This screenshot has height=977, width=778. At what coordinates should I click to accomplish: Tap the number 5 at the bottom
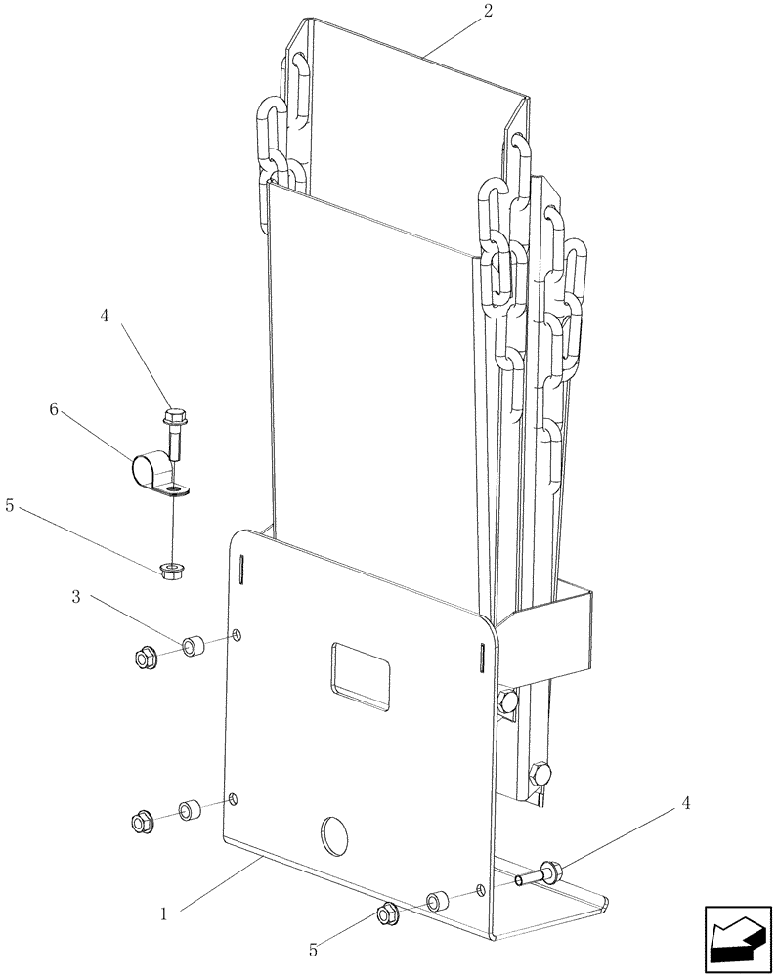(x=313, y=947)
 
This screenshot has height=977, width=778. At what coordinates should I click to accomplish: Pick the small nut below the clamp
(x=173, y=568)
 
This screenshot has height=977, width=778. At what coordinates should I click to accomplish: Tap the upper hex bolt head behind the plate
(x=507, y=701)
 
